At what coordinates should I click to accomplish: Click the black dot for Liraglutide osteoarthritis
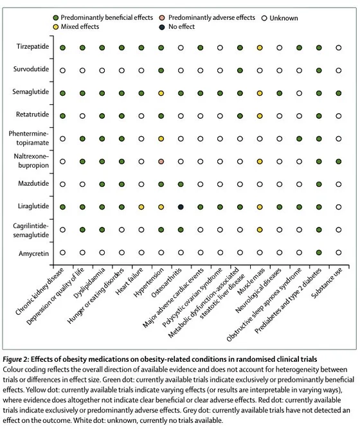tap(181, 207)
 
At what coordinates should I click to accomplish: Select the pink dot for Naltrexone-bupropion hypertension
tap(161, 162)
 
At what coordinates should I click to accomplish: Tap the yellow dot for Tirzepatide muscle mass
tap(260, 48)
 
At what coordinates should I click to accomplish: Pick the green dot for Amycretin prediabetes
tap(319, 253)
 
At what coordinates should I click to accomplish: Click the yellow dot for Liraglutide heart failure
tap(141, 207)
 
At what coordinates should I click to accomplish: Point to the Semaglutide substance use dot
tap(339, 93)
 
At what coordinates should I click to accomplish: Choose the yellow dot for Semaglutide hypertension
tap(161, 93)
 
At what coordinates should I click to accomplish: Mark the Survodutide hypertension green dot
tap(161, 71)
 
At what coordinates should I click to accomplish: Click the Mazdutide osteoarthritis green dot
tap(181, 184)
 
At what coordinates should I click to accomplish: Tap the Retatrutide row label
tap(32, 114)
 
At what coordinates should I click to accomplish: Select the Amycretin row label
tap(33, 254)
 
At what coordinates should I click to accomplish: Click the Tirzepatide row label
tap(33, 46)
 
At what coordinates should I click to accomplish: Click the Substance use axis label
tap(327, 283)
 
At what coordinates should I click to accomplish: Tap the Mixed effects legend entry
tap(76, 27)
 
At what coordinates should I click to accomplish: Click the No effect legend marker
tap(162, 27)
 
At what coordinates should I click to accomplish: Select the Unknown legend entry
tap(280, 19)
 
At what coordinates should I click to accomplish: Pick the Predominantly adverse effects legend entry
tap(207, 18)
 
